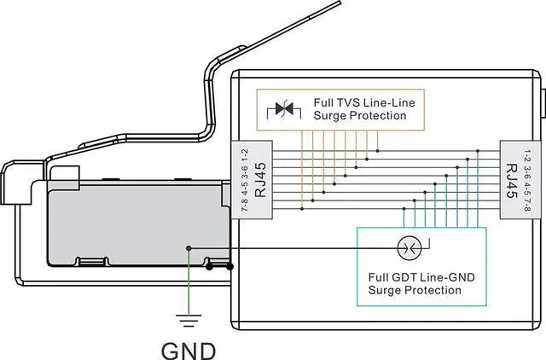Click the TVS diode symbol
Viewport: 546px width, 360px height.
pyautogui.click(x=284, y=109)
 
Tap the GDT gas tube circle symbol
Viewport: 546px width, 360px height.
pyautogui.click(x=409, y=248)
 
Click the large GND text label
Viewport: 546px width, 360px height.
pyautogui.click(x=189, y=351)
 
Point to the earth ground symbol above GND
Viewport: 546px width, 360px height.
pyautogui.click(x=189, y=321)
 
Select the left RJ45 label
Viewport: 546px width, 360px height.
pyautogui.click(x=260, y=180)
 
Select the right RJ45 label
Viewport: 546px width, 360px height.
pyautogui.click(x=512, y=181)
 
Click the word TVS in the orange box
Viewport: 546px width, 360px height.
pyautogui.click(x=349, y=103)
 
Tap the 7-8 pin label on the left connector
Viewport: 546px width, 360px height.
pyautogui.click(x=245, y=205)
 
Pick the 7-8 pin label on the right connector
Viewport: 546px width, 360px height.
pyautogui.click(x=527, y=206)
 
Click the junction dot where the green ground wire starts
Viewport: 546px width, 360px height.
pyautogui.click(x=189, y=248)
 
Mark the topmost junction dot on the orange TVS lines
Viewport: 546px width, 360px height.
pyautogui.click(x=378, y=151)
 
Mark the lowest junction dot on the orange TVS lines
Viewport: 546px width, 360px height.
pyautogui.click(x=302, y=208)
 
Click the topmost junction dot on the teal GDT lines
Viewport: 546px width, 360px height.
pyautogui.click(x=478, y=151)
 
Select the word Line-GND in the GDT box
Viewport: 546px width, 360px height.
pyautogui.click(x=447, y=277)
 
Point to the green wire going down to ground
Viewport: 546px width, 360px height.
pyautogui.click(x=189, y=282)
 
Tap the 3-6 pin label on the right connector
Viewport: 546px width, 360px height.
pyautogui.click(x=527, y=172)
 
